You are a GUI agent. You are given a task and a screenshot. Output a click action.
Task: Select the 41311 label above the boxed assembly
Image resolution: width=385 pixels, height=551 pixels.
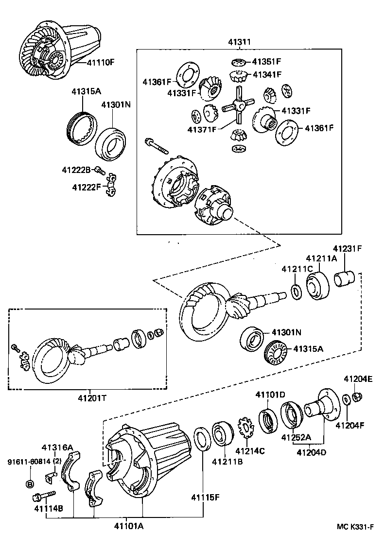[239, 42]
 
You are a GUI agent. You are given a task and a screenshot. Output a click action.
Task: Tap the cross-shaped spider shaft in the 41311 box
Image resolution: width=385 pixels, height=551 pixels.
[238, 104]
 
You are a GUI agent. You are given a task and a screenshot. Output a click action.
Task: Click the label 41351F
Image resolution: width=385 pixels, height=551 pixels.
[266, 62]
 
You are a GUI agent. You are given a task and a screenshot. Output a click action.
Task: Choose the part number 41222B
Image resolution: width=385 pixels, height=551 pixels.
[76, 170]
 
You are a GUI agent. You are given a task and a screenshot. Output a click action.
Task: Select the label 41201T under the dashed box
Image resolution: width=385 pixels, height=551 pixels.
[90, 397]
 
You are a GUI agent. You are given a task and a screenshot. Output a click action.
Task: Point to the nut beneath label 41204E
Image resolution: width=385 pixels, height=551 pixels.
[357, 397]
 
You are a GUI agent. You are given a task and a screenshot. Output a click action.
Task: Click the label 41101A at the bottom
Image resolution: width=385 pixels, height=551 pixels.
[129, 526]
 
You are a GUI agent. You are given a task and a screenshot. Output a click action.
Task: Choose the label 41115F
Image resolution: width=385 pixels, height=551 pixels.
[206, 497]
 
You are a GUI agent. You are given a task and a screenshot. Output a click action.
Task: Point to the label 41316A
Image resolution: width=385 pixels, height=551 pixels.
[57, 447]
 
